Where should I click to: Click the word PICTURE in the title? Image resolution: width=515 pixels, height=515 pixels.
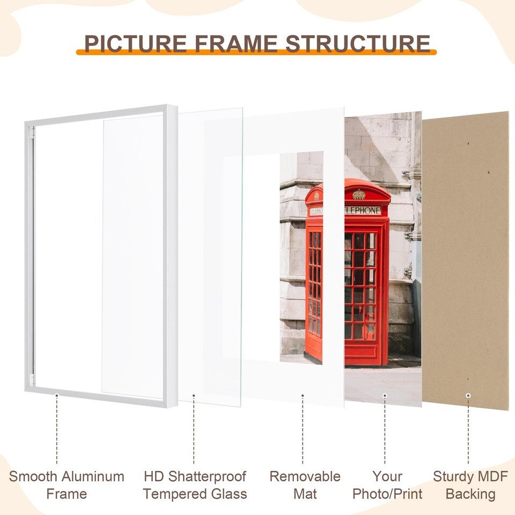pyautogui.click(x=136, y=43)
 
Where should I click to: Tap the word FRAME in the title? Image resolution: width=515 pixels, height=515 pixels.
pyautogui.click(x=236, y=43)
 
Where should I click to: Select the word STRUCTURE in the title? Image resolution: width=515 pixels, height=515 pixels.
pyautogui.click(x=358, y=43)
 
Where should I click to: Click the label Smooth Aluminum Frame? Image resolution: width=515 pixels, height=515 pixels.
pyautogui.click(x=67, y=485)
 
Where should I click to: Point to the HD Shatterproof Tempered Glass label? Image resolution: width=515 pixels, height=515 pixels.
pyautogui.click(x=195, y=485)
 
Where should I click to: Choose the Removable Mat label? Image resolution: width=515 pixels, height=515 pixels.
pyautogui.click(x=305, y=485)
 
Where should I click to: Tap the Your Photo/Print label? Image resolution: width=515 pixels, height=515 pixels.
pyautogui.click(x=387, y=485)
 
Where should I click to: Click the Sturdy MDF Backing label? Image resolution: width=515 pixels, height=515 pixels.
pyautogui.click(x=470, y=485)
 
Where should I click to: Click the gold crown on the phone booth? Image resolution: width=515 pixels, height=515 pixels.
pyautogui.click(x=359, y=194)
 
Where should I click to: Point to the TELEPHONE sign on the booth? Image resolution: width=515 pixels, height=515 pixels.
pyautogui.click(x=362, y=210)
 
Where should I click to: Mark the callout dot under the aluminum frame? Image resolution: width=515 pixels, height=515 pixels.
pyautogui.click(x=57, y=395)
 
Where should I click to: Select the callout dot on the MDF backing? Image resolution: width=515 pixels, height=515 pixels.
pyautogui.click(x=468, y=395)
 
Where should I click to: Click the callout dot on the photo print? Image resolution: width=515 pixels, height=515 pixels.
pyautogui.click(x=385, y=395)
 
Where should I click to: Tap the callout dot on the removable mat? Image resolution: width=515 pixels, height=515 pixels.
pyautogui.click(x=303, y=395)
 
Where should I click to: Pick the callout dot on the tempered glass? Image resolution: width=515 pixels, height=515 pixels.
pyautogui.click(x=194, y=395)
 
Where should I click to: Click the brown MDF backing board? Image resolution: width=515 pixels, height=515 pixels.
pyautogui.click(x=466, y=261)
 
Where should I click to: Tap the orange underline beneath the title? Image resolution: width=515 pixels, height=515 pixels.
pyautogui.click(x=256, y=52)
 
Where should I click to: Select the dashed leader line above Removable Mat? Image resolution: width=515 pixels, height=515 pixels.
pyautogui.click(x=303, y=430)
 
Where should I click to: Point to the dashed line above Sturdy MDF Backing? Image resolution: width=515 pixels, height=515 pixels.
pyautogui.click(x=468, y=431)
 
